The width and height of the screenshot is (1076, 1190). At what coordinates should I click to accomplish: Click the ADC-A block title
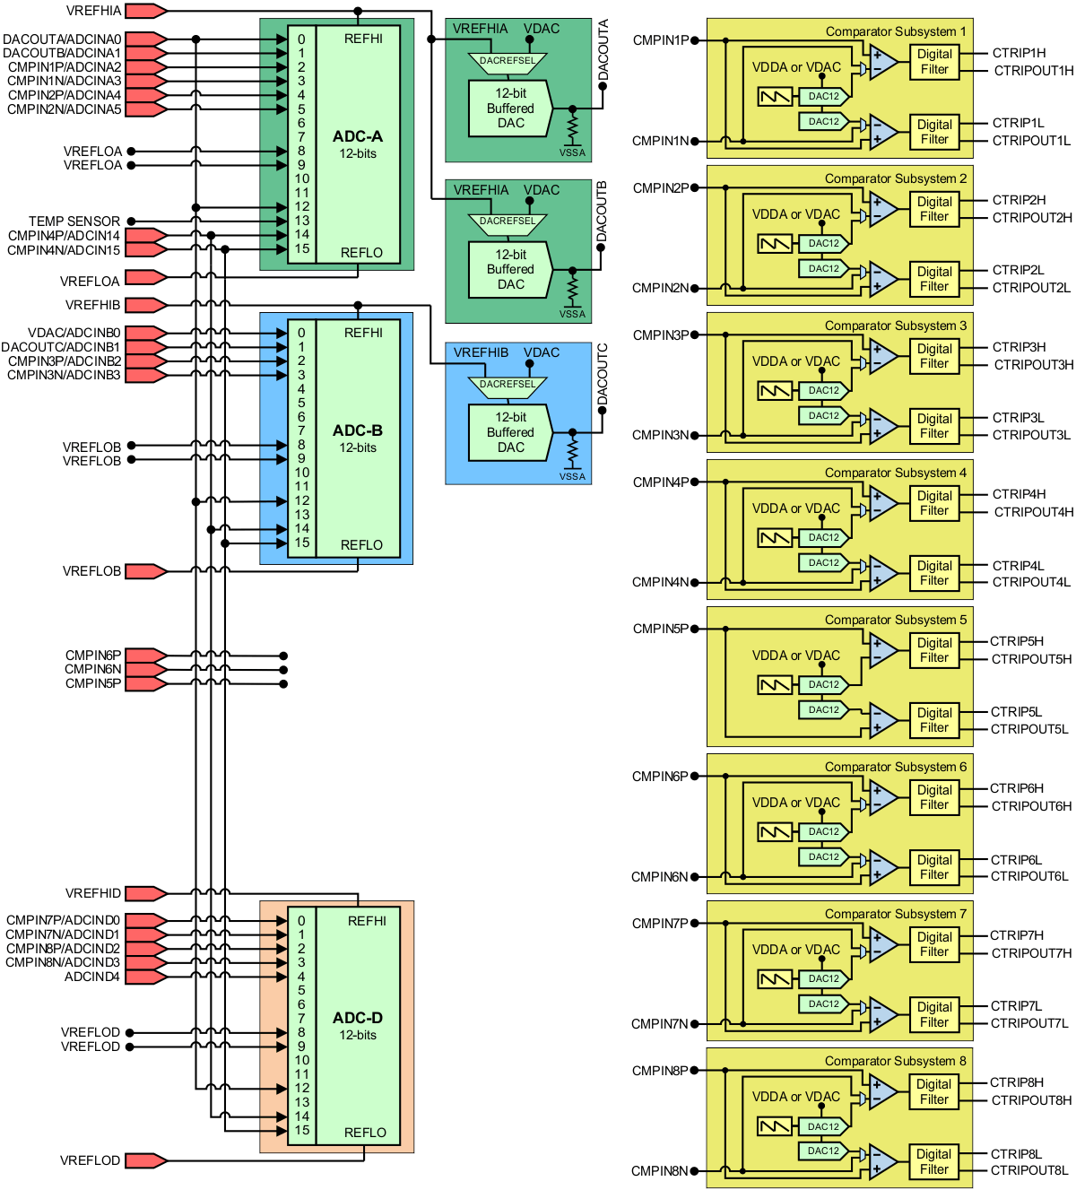(357, 136)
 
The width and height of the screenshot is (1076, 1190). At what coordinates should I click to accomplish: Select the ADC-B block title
(357, 430)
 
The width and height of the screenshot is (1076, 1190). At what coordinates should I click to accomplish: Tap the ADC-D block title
(357, 1018)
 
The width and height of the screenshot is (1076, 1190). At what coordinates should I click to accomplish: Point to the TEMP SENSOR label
(74, 221)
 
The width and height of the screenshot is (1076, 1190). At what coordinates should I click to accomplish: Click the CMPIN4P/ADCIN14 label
(64, 236)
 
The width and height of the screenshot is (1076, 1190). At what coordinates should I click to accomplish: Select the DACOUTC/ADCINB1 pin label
(61, 347)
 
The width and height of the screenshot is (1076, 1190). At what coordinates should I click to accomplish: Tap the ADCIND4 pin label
(91, 977)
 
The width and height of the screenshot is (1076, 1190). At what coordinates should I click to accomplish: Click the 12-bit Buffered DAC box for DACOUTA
(510, 109)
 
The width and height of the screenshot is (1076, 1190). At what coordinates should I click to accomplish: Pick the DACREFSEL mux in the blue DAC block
(507, 386)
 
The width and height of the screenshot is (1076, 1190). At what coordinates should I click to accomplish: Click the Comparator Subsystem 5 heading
(895, 620)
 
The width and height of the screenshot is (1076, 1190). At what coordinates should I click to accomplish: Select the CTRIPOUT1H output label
(1033, 71)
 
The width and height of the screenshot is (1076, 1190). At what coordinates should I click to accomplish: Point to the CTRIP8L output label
(1016, 1154)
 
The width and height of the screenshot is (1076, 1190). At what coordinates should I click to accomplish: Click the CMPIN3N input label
(660, 435)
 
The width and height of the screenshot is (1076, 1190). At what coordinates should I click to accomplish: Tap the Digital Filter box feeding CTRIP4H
(934, 503)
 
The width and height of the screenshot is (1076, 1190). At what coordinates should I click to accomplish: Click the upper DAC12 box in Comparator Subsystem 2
(823, 243)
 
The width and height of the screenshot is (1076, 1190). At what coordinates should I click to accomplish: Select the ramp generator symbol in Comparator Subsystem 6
(775, 832)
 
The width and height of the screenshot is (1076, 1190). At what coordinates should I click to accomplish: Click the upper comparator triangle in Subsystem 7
(882, 944)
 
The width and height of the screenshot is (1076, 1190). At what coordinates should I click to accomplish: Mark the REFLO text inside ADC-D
(365, 1133)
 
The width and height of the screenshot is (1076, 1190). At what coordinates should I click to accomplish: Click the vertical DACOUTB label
(602, 211)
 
